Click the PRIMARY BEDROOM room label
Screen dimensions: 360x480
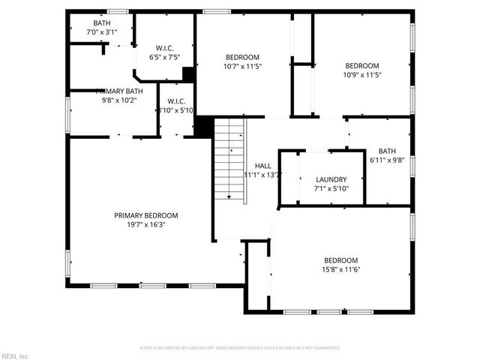click(x=146, y=215)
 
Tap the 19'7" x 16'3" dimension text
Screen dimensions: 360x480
click(x=146, y=224)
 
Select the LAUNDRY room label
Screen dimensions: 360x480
click(x=331, y=179)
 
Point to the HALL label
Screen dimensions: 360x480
click(x=262, y=166)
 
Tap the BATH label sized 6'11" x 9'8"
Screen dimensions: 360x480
click(x=387, y=151)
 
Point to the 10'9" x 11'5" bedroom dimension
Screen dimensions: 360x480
click(x=361, y=74)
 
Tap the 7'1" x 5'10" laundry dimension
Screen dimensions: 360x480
click(x=331, y=188)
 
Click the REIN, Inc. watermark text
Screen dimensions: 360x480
click(x=15, y=355)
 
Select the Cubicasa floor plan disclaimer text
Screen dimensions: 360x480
click(x=240, y=348)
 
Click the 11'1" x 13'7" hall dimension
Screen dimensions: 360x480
click(x=262, y=175)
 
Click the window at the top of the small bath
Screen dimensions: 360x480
click(x=118, y=11)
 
